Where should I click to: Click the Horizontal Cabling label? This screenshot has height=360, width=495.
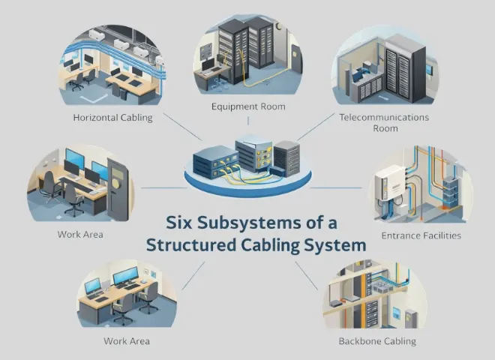coord(112,118)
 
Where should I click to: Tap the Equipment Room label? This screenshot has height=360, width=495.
coord(248,106)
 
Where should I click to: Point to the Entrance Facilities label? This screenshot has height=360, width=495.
coord(421,235)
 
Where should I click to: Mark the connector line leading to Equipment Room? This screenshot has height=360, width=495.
coord(248,124)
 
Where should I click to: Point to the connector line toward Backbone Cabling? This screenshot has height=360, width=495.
coord(307,273)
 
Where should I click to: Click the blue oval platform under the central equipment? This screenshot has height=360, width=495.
coord(247,181)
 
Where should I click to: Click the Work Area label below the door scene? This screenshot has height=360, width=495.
coord(80,234)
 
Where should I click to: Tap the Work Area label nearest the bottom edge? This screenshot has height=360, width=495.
coord(127,341)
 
